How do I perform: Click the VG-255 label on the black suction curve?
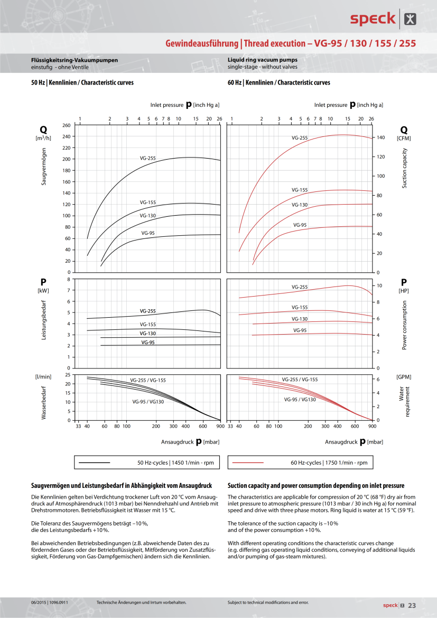tap(148, 158)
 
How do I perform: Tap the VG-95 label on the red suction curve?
tap(300, 225)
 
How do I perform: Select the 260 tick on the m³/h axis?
tap(66, 125)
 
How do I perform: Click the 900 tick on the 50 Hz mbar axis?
tap(221, 426)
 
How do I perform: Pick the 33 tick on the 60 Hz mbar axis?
tap(230, 426)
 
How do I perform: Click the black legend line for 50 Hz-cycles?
tap(94, 463)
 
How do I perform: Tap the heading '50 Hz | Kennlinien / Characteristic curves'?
tap(82, 83)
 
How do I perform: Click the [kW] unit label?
tap(43, 291)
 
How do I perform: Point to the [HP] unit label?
tap(404, 291)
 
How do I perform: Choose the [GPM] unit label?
tap(404, 376)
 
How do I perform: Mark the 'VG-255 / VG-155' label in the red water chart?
tap(300, 380)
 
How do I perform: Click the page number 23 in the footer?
tap(412, 605)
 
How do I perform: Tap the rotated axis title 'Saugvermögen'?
tap(44, 166)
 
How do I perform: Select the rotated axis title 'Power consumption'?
tap(404, 325)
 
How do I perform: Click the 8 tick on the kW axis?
tap(68, 279)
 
